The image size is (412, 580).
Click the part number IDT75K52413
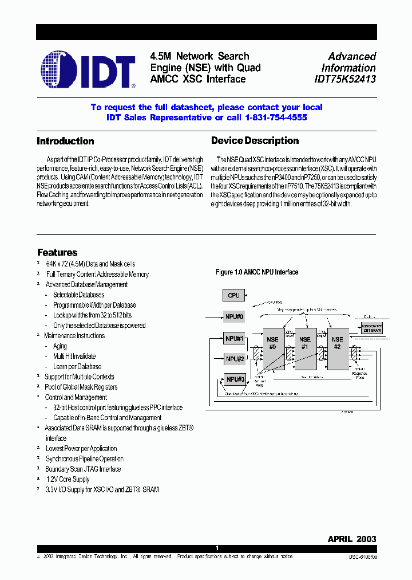[x=345, y=80]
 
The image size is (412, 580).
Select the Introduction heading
[x=65, y=141]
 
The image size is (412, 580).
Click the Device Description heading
[x=255, y=141]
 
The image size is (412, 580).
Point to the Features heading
[x=57, y=253]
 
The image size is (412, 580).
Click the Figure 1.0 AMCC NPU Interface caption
[x=256, y=272]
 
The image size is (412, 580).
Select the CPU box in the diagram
[x=233, y=295]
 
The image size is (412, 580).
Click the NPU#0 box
[x=234, y=316]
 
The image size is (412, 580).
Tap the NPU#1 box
[x=234, y=339]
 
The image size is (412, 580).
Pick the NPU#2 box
[x=234, y=359]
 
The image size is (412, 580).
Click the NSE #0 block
[x=273, y=348]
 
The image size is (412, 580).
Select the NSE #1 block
[x=305, y=348]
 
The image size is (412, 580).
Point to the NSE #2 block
[x=338, y=348]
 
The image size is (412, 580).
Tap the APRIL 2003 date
[x=351, y=539]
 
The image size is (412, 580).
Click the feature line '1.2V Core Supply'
[x=68, y=479]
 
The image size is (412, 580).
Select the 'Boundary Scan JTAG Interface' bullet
[x=83, y=469]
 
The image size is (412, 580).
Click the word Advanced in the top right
[x=352, y=57]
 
